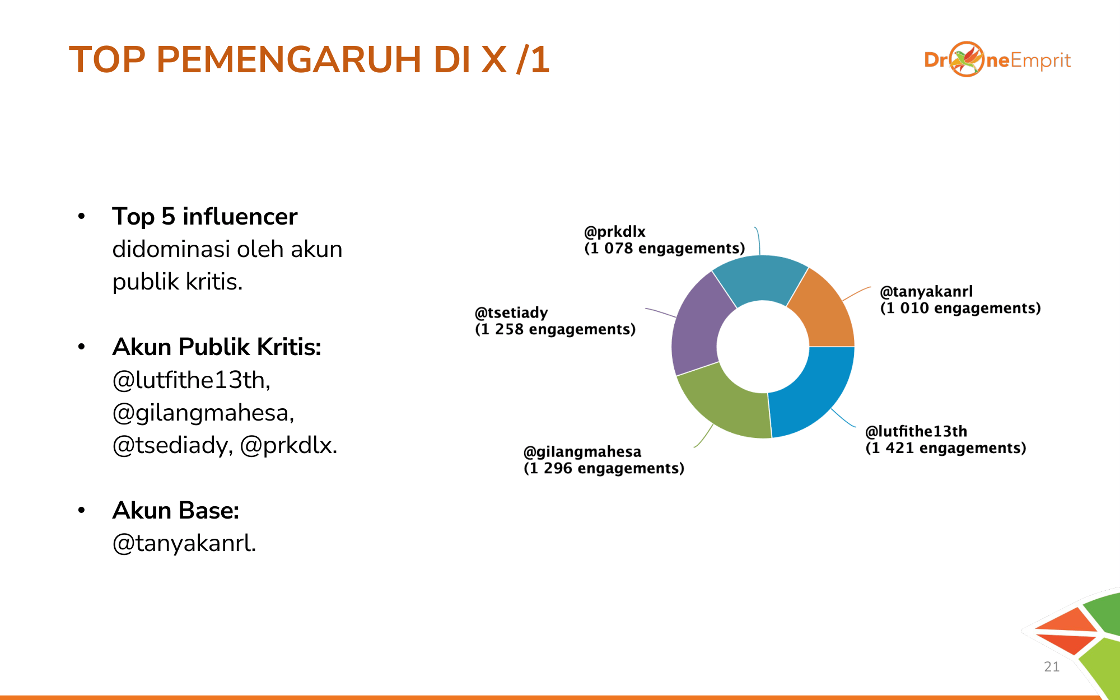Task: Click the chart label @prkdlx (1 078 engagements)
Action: (665, 240)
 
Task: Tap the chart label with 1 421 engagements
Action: (946, 440)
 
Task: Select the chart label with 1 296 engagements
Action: (604, 460)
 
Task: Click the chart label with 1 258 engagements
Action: (556, 321)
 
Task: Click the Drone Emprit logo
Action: (997, 59)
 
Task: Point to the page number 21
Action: (1052, 666)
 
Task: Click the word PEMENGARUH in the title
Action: (289, 59)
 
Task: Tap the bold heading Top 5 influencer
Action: (204, 217)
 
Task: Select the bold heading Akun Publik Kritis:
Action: (217, 347)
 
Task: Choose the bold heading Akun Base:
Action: (176, 511)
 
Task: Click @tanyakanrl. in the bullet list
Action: (184, 543)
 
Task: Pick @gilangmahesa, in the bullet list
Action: (203, 413)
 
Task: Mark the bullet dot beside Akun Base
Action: (82, 510)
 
